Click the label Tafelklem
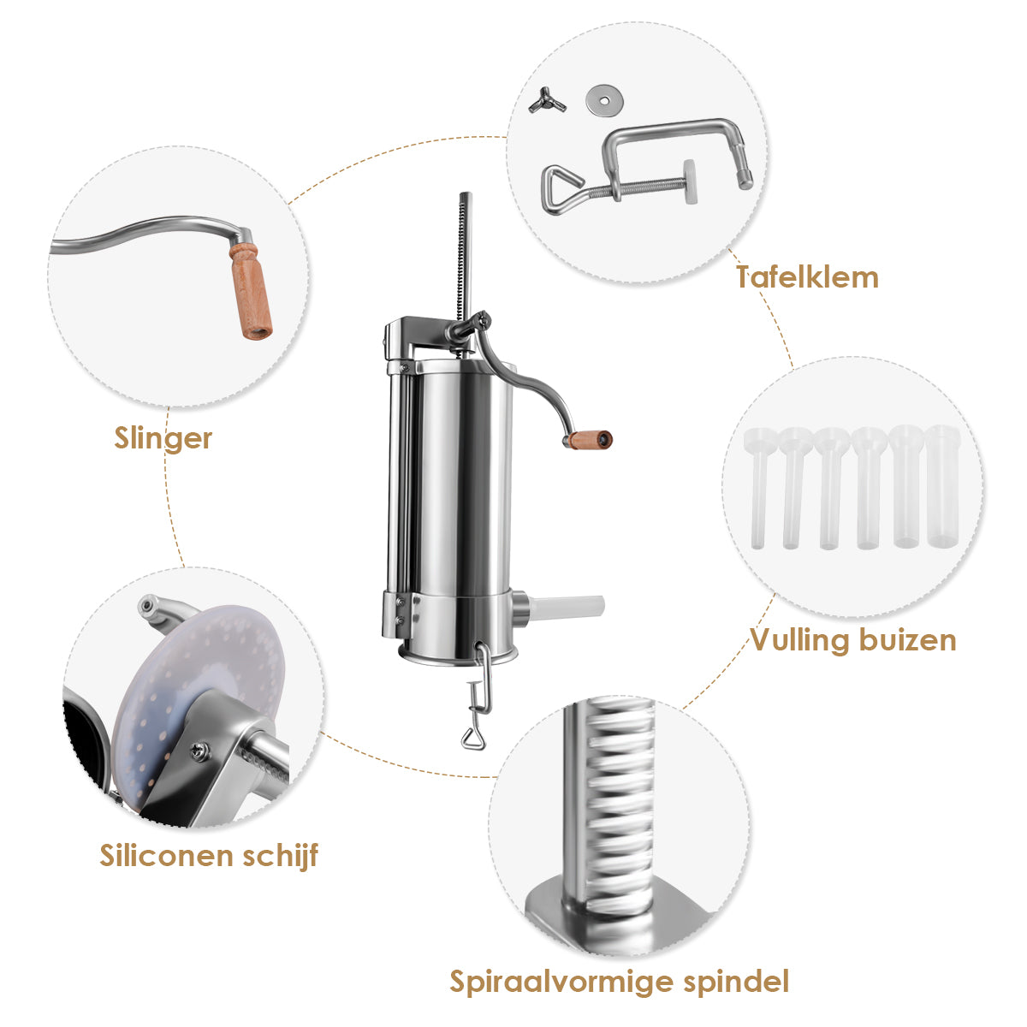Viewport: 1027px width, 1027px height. [807, 277]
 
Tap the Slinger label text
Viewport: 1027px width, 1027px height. [163, 438]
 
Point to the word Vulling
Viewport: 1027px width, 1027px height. [800, 639]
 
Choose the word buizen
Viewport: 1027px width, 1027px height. [908, 639]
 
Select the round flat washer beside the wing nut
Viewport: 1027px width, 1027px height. [604, 100]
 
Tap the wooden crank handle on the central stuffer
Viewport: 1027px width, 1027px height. [588, 440]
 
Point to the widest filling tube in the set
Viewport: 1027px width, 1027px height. [942, 485]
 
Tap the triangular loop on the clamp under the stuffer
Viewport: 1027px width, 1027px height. [472, 739]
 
